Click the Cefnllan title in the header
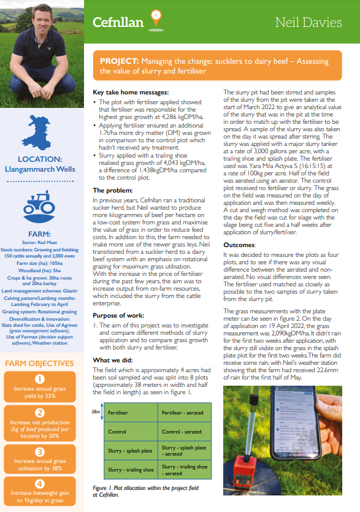(118, 23)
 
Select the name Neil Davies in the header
(308, 23)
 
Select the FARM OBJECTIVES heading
(39, 363)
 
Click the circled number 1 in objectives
(39, 379)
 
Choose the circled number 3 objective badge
(39, 451)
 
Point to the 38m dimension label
(96, 413)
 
